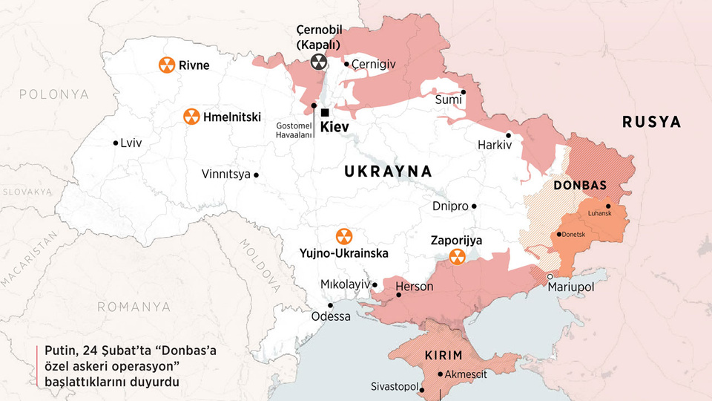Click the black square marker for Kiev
click(325, 112)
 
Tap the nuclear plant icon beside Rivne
click(167, 65)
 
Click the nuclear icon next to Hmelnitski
click(191, 117)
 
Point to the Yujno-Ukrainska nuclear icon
click(343, 236)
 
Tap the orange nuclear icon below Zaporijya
click(458, 257)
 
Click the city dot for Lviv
click(115, 143)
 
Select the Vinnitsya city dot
click(257, 175)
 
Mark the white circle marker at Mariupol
click(550, 277)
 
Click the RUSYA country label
click(651, 123)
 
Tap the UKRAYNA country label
click(388, 172)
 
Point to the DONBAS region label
click(580, 186)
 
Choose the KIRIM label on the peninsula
click(444, 355)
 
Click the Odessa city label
click(331, 316)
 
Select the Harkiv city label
click(495, 145)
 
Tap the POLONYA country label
click(53, 94)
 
